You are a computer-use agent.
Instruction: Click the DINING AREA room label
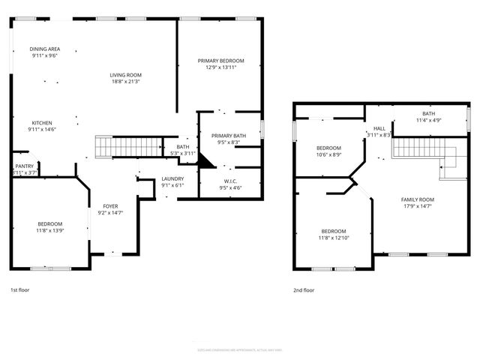[45, 49]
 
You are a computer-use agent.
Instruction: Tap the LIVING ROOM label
[126, 75]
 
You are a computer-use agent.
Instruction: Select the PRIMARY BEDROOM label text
[220, 61]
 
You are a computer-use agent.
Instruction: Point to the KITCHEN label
[42, 123]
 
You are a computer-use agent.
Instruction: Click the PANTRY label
[25, 166]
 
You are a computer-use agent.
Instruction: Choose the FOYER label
[110, 205]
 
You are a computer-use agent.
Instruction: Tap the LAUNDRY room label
[172, 178]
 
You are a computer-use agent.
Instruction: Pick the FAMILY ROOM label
[418, 199]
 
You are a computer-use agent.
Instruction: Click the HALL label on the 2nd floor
[379, 129]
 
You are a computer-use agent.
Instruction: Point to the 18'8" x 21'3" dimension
[126, 82]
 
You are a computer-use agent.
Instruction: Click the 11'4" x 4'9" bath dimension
[428, 119]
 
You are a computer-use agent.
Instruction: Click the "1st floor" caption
[19, 289]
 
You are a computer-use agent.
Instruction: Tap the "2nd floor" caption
[304, 289]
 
